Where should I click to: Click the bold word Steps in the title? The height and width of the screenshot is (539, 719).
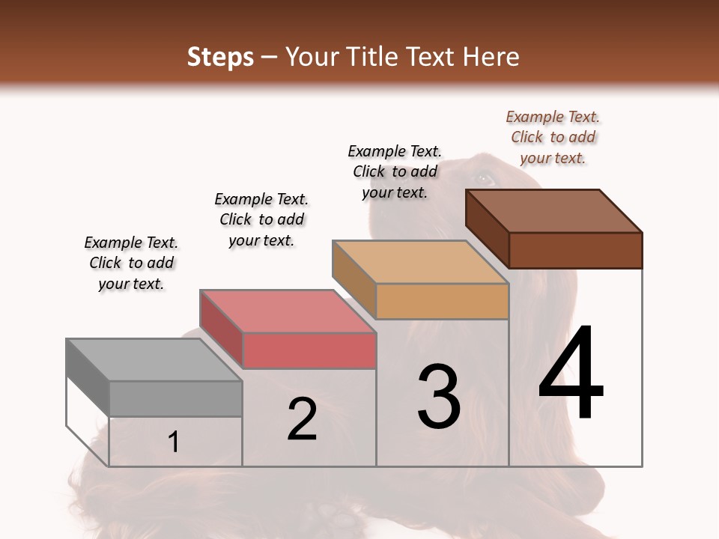click(220, 57)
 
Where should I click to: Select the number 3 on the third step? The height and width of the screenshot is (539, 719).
click(439, 396)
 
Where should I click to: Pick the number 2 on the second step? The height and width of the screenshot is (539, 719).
click(302, 419)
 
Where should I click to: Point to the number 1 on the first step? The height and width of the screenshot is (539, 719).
click(174, 442)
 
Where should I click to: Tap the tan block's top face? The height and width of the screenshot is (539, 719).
click(420, 263)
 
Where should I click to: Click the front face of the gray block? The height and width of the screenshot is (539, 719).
click(175, 399)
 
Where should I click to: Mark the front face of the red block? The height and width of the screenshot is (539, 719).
click(309, 351)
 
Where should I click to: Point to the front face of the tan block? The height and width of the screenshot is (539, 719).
click(442, 302)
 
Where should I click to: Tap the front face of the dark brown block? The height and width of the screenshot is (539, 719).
click(575, 250)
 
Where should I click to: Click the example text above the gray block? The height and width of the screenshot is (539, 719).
click(131, 263)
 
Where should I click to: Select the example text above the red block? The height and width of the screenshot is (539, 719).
click(261, 219)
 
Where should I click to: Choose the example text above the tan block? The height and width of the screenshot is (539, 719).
click(395, 171)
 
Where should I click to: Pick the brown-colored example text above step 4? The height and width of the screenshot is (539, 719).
click(553, 137)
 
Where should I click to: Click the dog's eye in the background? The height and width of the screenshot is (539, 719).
click(484, 179)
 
